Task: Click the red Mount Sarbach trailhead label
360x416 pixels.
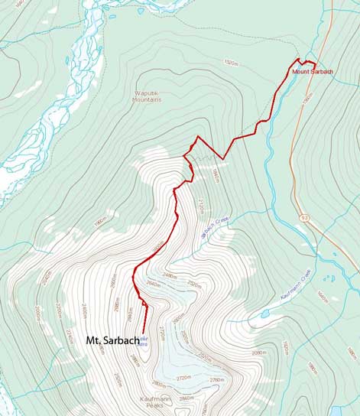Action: click(311, 72)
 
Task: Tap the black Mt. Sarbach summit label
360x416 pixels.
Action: click(112, 340)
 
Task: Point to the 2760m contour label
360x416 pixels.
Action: click(217, 380)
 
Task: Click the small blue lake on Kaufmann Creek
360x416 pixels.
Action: click(264, 313)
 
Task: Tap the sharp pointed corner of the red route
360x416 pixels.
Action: click(198, 137)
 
